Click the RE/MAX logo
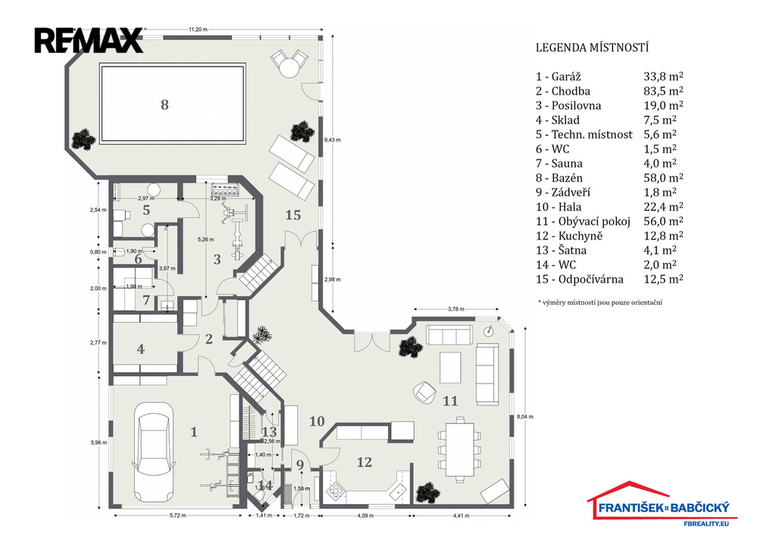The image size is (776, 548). tap(88, 40)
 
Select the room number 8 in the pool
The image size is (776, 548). tap(164, 105)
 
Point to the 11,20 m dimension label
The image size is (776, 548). tap(199, 30)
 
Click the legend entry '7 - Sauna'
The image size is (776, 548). tap(562, 163)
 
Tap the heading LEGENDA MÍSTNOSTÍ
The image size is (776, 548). tap(592, 48)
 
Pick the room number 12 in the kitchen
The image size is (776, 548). tap(364, 461)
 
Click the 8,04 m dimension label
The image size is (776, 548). tap(525, 416)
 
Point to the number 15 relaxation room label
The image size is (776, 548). tap(293, 215)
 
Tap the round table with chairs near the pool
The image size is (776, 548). tap(289, 64)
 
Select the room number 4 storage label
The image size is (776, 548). tap(140, 350)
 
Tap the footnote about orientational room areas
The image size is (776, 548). tap(599, 302)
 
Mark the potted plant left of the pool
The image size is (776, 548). tap(83, 139)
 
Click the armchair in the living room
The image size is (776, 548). tap(422, 392)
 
